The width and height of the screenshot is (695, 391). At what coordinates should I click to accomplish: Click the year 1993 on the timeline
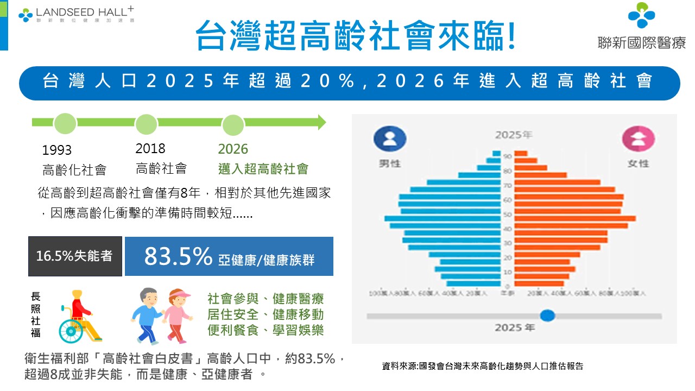tap(57, 150)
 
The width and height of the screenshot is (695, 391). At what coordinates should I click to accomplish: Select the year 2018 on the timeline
tap(150, 148)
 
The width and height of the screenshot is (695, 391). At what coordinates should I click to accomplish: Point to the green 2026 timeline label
tap(233, 149)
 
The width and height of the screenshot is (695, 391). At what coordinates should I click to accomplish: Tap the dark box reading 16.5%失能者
tap(75, 256)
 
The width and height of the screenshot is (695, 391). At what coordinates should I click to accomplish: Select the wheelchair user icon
tap(79, 316)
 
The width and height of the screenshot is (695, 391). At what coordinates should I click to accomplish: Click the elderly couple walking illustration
tap(161, 316)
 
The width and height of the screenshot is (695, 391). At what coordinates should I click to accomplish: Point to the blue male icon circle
tap(390, 139)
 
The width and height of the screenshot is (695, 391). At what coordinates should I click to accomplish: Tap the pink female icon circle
tap(638, 139)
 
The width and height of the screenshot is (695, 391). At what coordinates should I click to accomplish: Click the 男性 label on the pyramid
tap(390, 163)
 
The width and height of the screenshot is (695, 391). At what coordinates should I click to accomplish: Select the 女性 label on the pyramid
tap(638, 163)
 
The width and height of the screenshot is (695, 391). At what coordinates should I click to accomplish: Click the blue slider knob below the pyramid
tap(548, 315)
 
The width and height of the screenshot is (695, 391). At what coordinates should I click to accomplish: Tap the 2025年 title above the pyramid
tap(514, 134)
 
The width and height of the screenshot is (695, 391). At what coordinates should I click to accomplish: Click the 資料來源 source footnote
tap(483, 366)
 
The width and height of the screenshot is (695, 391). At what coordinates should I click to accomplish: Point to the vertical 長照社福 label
tap(36, 314)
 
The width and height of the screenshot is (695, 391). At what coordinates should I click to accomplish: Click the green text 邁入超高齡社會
tap(263, 169)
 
